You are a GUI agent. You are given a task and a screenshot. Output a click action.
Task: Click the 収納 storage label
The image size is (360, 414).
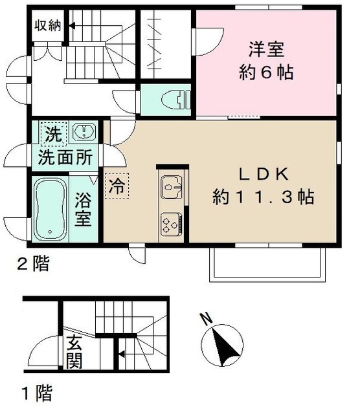(x=47, y=26)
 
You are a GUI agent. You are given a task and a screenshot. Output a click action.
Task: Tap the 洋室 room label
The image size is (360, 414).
(x=265, y=48)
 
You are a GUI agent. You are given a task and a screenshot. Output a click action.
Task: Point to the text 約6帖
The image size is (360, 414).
(x=265, y=72)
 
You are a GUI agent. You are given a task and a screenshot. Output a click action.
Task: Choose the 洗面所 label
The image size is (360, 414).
(x=63, y=157)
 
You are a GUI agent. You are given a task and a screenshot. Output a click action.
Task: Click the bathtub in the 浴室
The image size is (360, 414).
(x=51, y=208)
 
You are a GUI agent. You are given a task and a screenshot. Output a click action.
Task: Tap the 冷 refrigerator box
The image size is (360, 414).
(x=117, y=188)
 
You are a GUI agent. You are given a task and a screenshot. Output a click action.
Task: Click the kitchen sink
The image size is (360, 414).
(x=172, y=188)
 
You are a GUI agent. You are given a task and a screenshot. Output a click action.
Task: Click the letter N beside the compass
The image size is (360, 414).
(x=206, y=318)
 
